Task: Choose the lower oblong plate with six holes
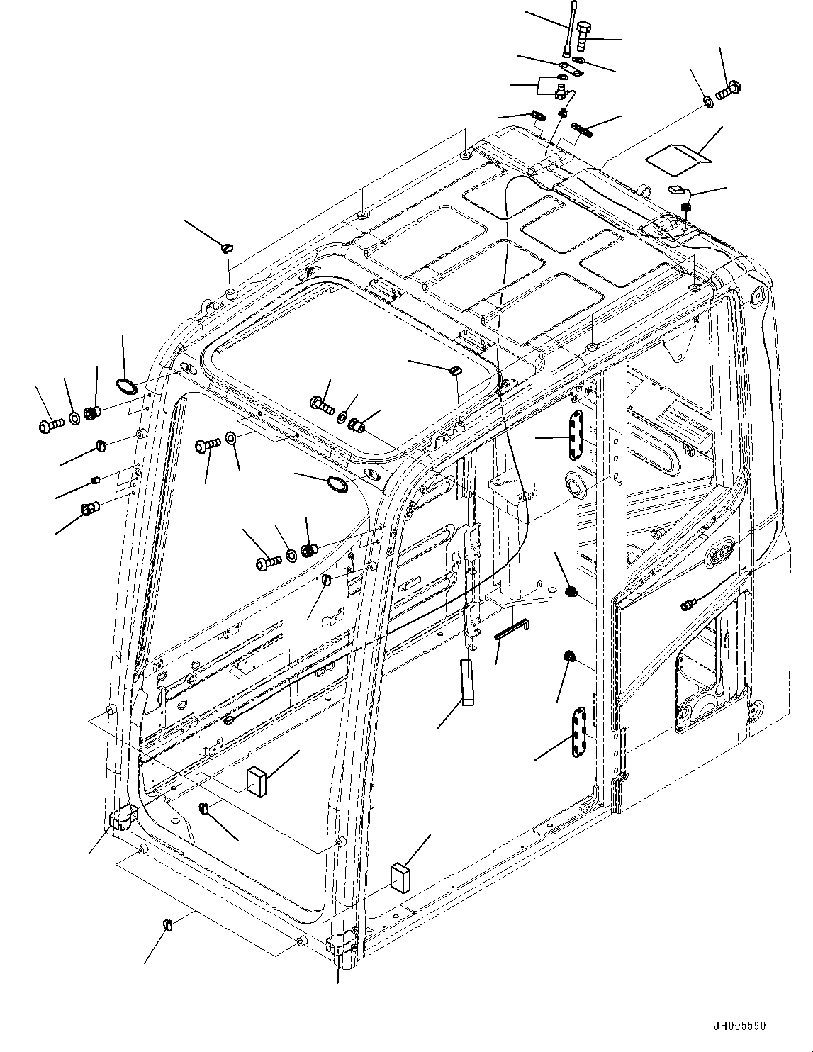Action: [x=579, y=732]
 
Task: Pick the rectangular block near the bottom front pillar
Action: [x=400, y=878]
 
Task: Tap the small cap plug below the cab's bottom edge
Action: [x=169, y=924]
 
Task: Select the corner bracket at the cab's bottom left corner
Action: [x=120, y=817]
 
